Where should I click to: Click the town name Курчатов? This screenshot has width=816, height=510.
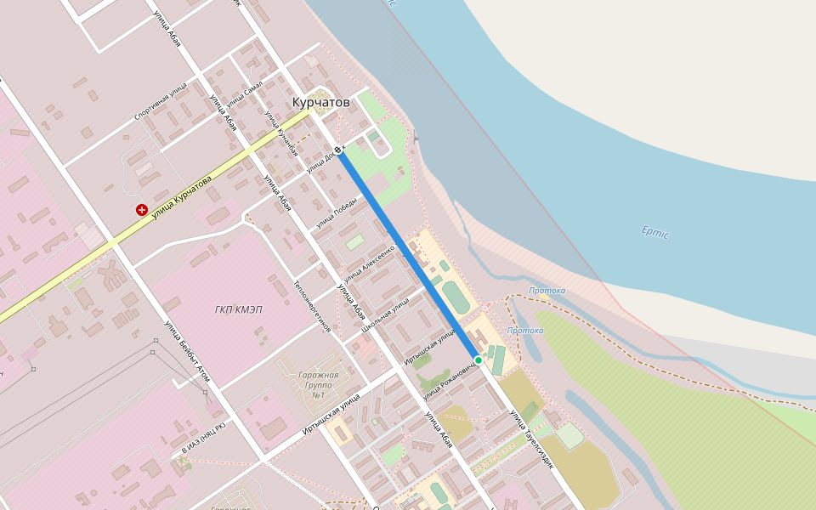(x=320, y=102)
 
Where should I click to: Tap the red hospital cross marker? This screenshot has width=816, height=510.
(x=141, y=210)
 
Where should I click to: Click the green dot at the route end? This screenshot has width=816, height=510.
(x=479, y=360)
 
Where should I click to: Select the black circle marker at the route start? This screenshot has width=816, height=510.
(x=338, y=150)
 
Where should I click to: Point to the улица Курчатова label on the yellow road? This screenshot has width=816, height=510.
(x=181, y=195)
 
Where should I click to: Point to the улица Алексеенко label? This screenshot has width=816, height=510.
(x=370, y=267)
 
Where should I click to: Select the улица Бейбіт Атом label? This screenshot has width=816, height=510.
(x=187, y=350)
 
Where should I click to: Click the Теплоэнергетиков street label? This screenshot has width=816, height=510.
(x=312, y=306)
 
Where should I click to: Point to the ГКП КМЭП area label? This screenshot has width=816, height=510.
(x=239, y=309)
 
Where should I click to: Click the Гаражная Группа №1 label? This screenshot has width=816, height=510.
(x=319, y=384)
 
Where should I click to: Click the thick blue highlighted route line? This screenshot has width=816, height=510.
(x=408, y=255)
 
